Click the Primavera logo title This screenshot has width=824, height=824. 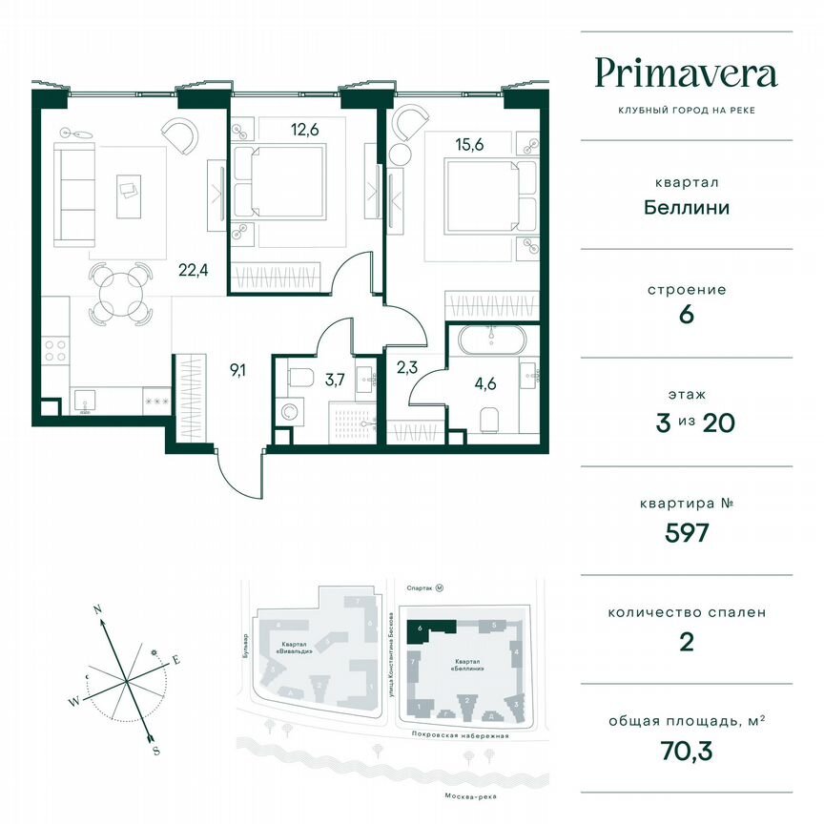pos(686,73)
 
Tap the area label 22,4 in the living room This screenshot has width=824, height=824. pos(193,269)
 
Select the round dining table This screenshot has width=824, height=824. pos(121,291)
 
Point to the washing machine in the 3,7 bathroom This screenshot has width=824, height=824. pos(289,412)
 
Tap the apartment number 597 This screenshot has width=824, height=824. pos(686,532)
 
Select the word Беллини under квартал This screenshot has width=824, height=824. pos(686,206)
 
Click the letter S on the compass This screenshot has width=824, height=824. pos(155,751)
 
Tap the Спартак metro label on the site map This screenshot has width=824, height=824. pos(421,588)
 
